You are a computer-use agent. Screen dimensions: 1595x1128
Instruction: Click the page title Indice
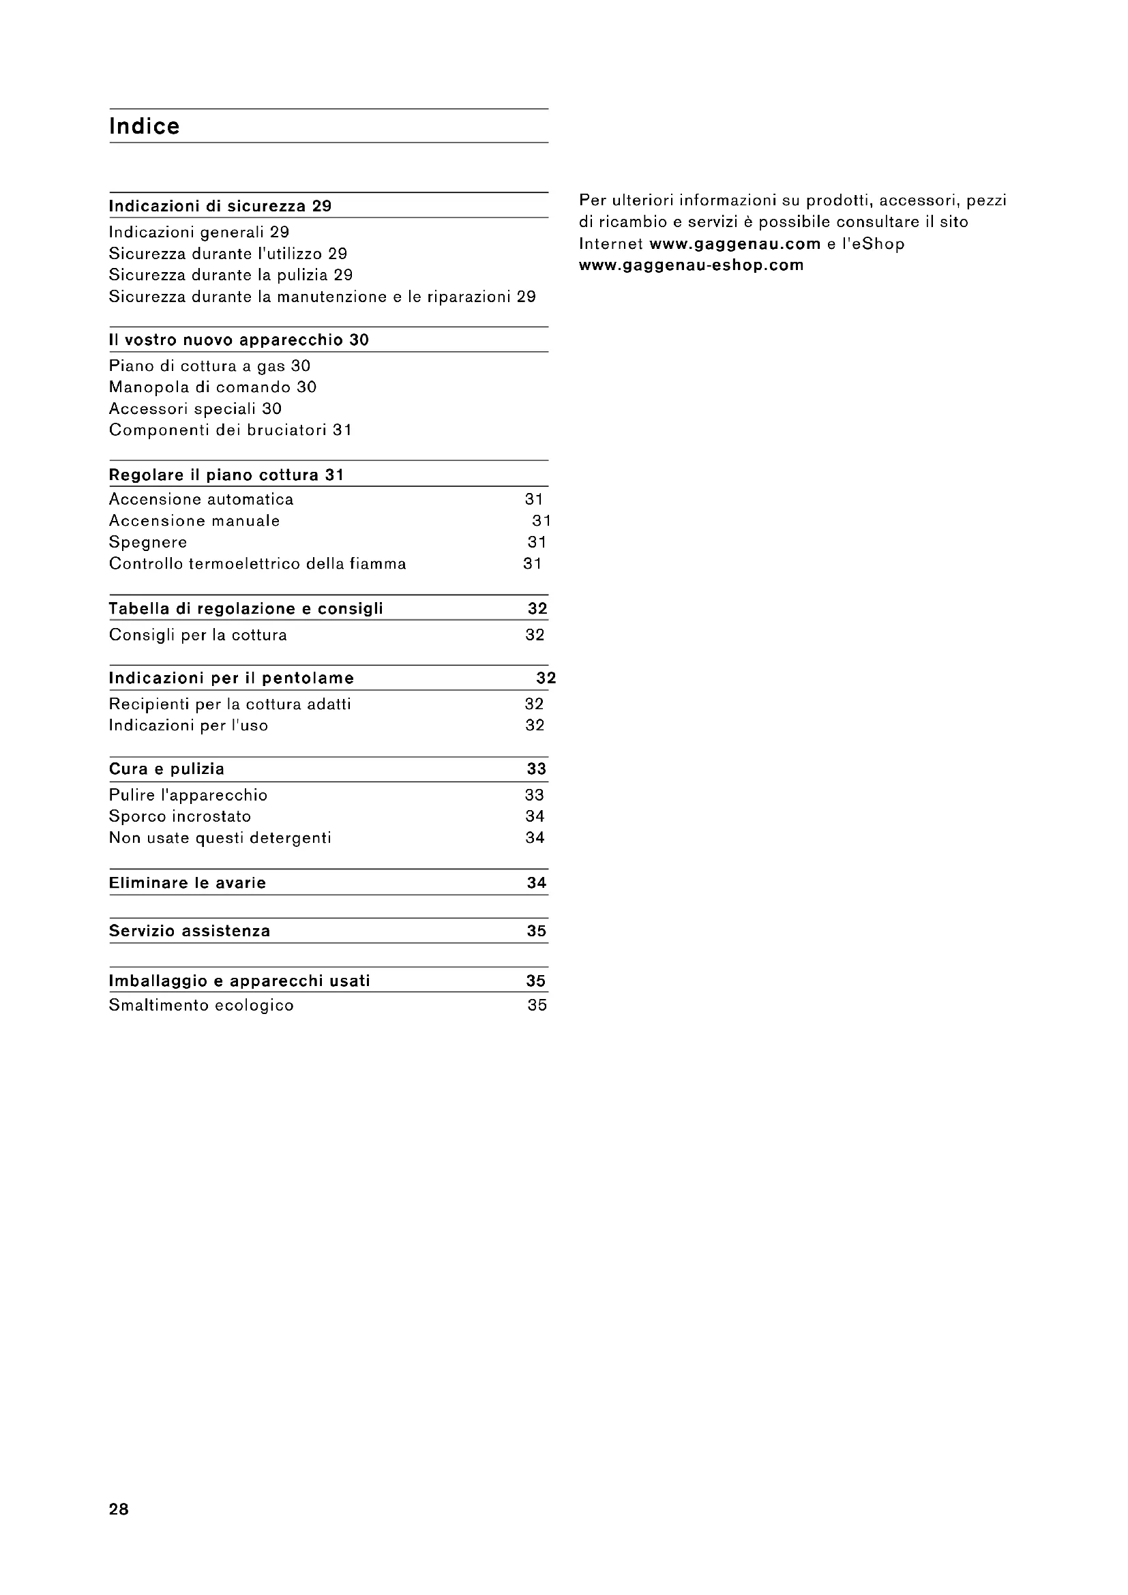145,126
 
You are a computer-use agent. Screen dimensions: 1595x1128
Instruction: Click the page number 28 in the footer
119,1509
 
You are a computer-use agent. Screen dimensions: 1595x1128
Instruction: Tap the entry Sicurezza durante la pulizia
231,275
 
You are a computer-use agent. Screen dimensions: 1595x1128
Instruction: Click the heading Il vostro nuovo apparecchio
239,340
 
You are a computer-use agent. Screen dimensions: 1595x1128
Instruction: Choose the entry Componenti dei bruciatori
230,430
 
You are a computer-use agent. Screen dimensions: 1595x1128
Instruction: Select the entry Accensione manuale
194,521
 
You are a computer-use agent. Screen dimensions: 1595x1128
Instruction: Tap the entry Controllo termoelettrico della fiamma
258,563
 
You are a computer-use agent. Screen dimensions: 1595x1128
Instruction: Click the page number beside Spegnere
537,542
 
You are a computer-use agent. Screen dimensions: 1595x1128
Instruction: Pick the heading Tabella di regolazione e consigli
246,609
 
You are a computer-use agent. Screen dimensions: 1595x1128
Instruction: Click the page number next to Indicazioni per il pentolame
546,678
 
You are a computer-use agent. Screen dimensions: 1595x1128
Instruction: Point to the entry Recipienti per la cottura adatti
230,704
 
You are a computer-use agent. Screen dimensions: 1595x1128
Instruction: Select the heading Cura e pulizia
166,769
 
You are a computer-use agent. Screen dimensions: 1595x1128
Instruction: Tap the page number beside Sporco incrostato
535,816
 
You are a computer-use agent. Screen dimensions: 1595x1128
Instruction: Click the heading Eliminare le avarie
188,883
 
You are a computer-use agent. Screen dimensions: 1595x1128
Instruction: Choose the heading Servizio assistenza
190,931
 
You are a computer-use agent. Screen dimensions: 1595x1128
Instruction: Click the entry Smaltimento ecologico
201,1005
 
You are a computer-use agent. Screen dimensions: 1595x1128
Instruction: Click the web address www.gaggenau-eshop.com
691,265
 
